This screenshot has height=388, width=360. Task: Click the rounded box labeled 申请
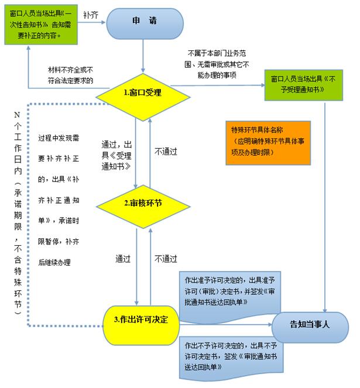(145, 23)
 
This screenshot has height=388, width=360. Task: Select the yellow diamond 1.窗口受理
(143, 97)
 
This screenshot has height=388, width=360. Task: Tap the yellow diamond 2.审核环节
(143, 207)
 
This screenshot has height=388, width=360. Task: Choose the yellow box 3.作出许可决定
(141, 325)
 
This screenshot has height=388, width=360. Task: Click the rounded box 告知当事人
(310, 327)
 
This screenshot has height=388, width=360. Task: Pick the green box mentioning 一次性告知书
(41, 25)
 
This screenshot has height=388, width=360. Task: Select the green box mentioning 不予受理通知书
(304, 85)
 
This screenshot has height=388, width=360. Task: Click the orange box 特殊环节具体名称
(268, 143)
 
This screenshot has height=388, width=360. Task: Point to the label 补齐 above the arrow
(91, 15)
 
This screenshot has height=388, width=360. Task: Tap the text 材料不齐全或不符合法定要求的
(71, 75)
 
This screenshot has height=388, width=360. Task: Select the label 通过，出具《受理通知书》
(116, 156)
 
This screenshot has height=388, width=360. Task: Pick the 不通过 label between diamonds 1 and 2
(166, 152)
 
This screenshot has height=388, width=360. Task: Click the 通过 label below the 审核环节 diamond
(123, 259)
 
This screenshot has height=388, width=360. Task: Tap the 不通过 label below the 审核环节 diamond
(166, 259)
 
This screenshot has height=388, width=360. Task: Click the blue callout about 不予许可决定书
(231, 358)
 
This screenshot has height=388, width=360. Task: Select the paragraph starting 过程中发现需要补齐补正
(59, 200)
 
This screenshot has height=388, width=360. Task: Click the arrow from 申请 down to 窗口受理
(143, 56)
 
